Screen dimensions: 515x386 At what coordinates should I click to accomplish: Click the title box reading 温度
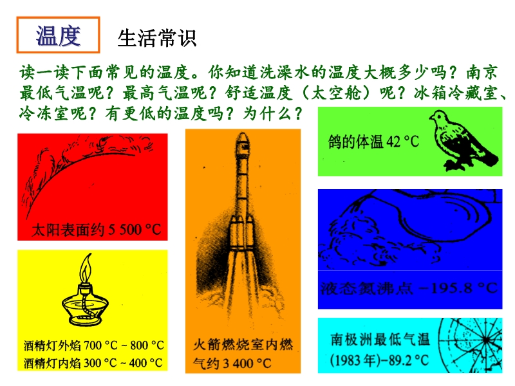[58, 35]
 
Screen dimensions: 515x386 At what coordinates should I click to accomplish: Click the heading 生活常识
[157, 38]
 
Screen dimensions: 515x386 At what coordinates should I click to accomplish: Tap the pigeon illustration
[464, 140]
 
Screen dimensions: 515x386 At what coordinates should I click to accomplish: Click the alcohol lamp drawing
[86, 289]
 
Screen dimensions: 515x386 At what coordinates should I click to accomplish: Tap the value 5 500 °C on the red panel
[135, 230]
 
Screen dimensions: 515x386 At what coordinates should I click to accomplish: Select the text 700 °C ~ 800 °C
[124, 345]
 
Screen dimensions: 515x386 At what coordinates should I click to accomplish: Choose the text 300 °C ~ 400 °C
[123, 363]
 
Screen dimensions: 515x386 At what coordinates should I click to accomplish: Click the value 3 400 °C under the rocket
[247, 363]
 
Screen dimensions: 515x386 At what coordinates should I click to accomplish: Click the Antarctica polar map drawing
[471, 345]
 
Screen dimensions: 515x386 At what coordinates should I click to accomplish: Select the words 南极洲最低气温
[380, 340]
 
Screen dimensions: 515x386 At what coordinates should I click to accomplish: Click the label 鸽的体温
[356, 142]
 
